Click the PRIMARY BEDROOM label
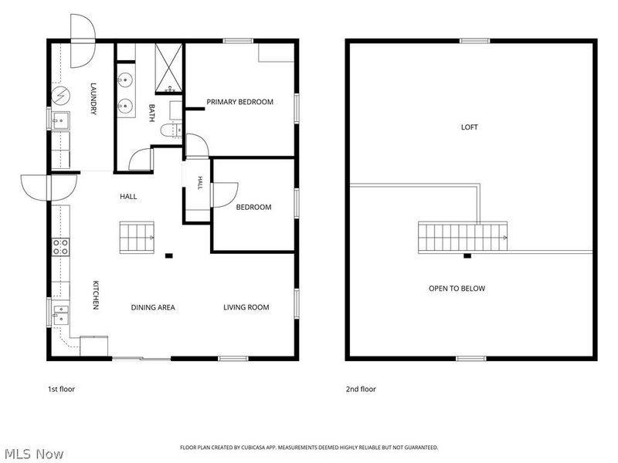[x=239, y=102]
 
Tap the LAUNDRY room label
[x=93, y=99]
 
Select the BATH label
[x=151, y=113]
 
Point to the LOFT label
[x=469, y=127]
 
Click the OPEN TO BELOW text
[x=457, y=289]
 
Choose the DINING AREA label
[x=153, y=307]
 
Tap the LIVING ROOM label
[x=246, y=307]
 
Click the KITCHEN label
[x=95, y=295]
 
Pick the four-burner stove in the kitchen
[x=61, y=247]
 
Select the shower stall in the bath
[x=168, y=69]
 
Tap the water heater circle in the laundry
[x=61, y=96]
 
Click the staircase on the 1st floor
[x=137, y=237]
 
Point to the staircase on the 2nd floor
[x=463, y=237]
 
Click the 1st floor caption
[x=61, y=389]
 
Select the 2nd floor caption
[x=361, y=389]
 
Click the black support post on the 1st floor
[x=168, y=256]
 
